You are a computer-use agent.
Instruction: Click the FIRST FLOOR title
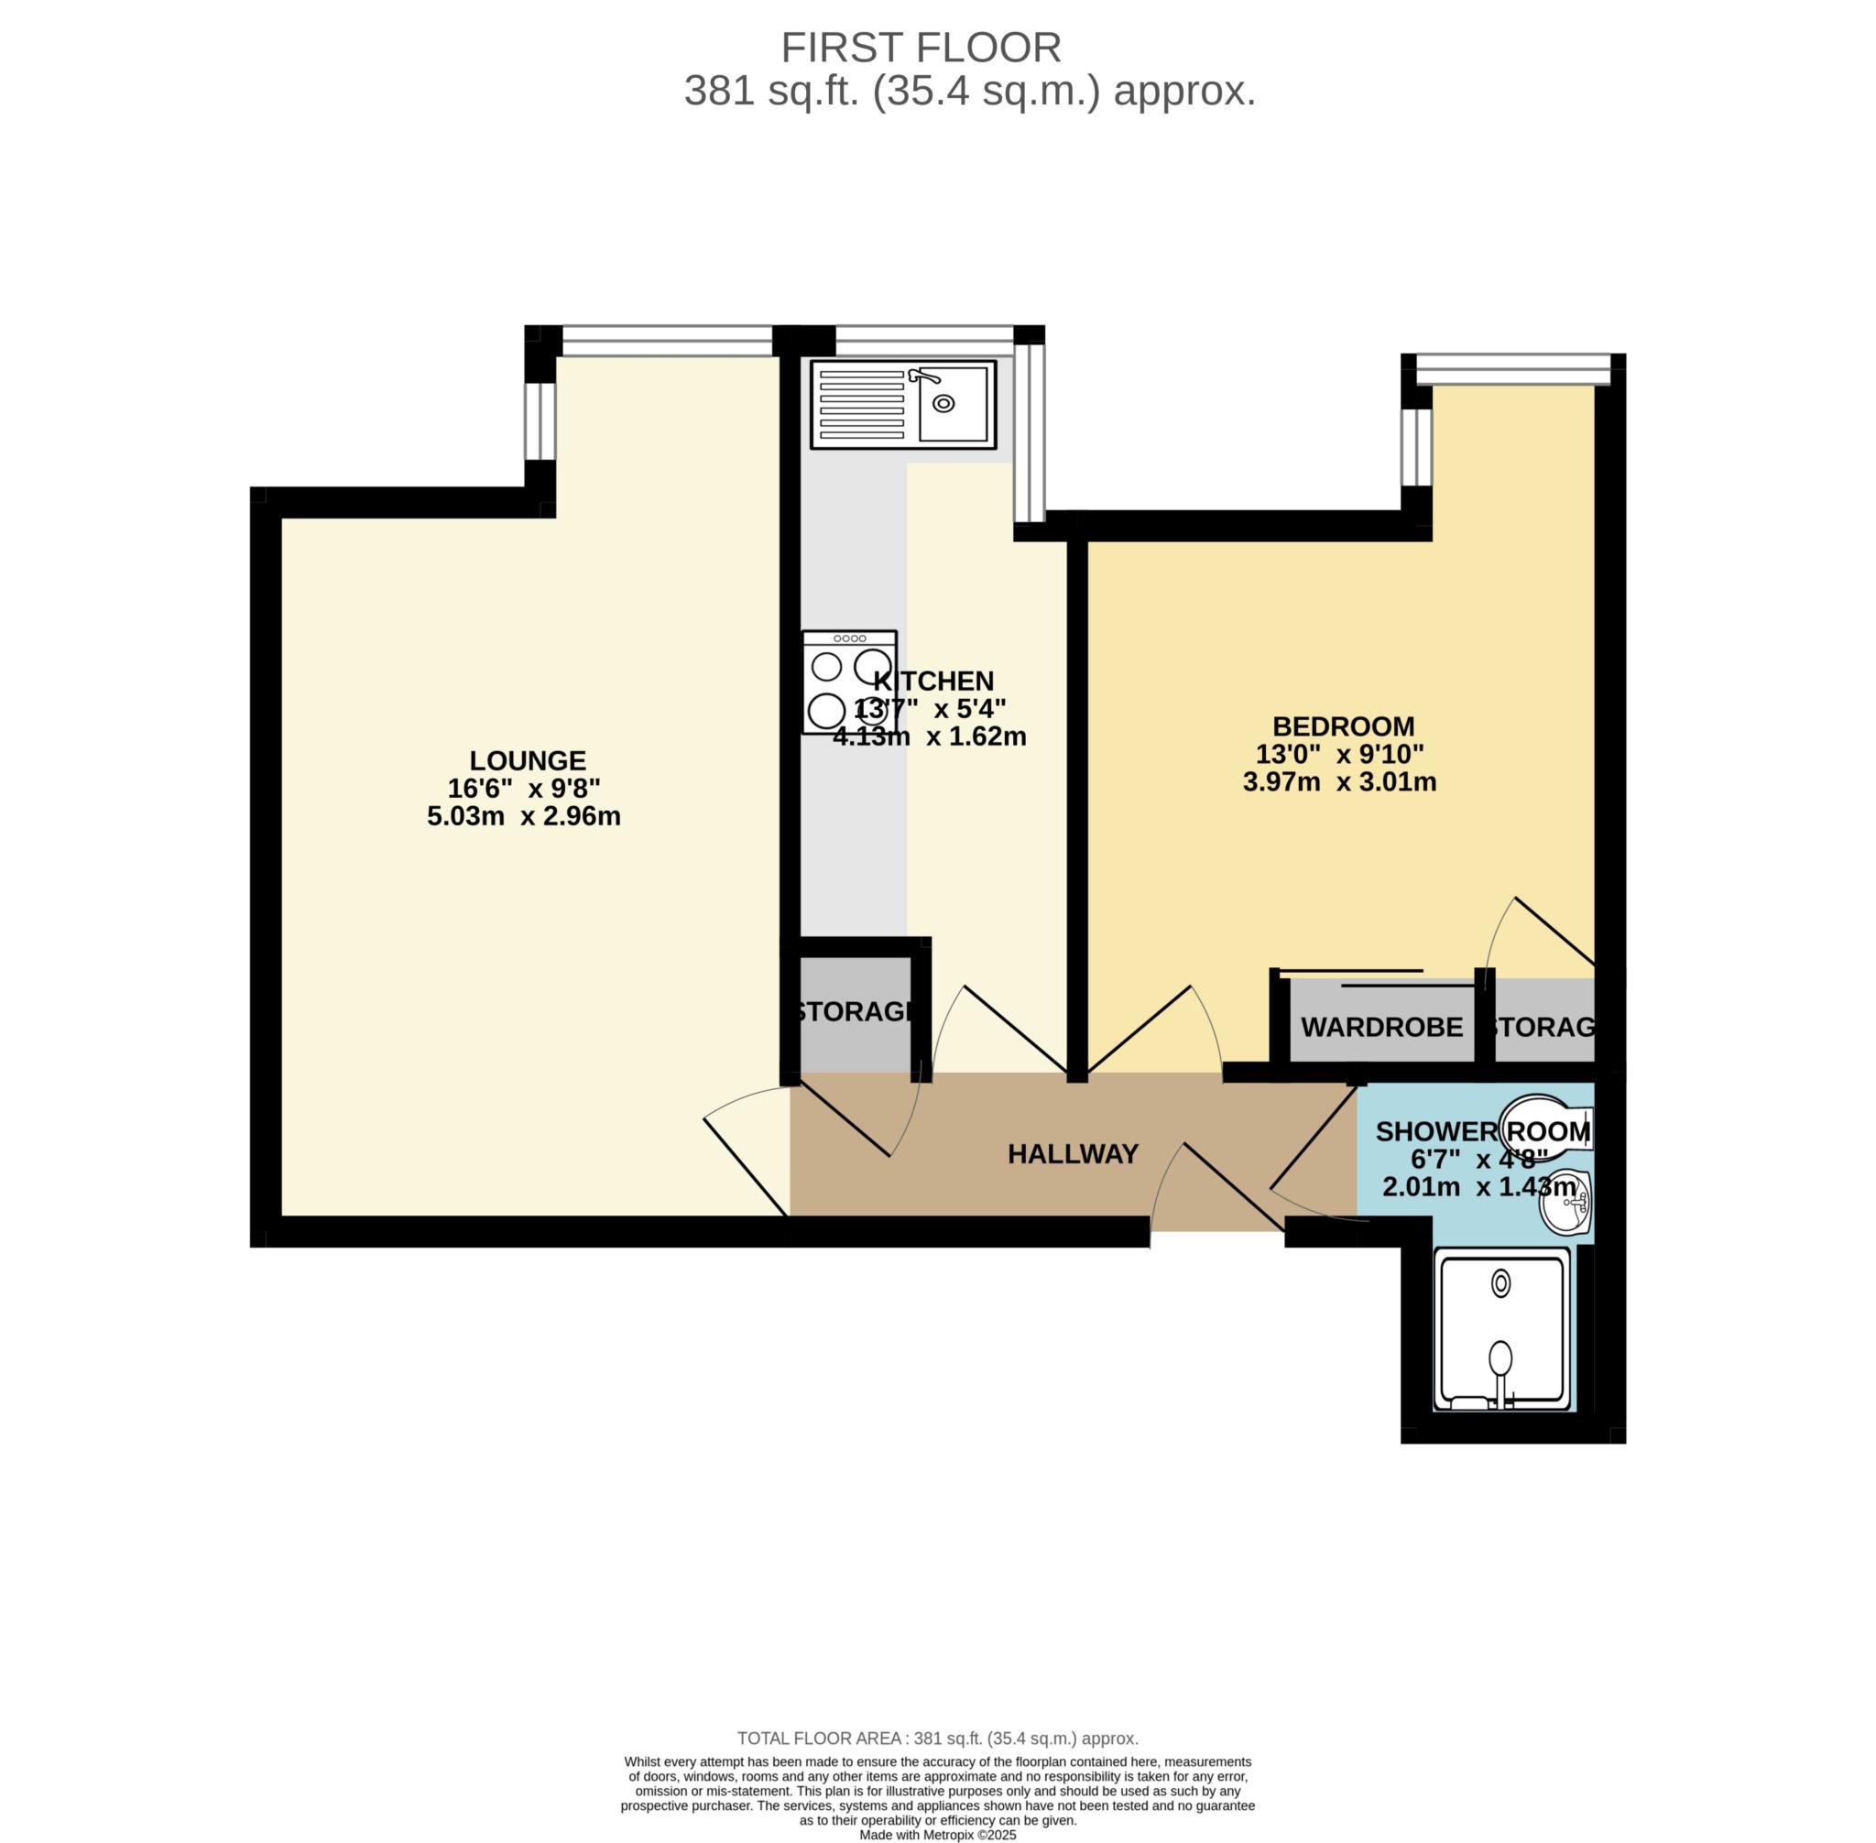click(x=920, y=48)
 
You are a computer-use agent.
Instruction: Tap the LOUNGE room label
click(x=528, y=761)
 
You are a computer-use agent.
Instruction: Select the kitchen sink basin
click(x=953, y=405)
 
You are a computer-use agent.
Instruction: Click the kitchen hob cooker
click(x=849, y=682)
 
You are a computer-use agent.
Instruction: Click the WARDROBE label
click(x=1380, y=1027)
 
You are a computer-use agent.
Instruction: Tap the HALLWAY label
click(x=1073, y=1154)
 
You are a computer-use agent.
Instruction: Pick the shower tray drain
click(x=1500, y=1284)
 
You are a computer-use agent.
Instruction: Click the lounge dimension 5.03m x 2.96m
click(x=524, y=816)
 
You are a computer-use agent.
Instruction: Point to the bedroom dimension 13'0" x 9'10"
click(x=1340, y=754)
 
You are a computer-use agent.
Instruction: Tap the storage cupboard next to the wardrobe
click(x=1543, y=1027)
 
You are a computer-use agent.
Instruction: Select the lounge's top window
click(x=667, y=341)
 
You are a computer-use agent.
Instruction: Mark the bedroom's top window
click(x=1511, y=369)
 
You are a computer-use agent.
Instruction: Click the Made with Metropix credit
click(x=937, y=1834)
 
